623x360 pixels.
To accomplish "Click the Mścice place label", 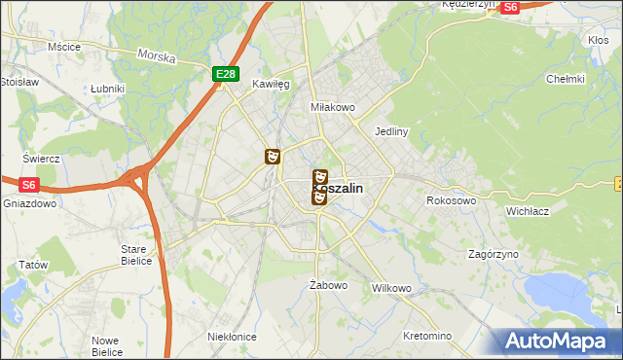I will (x=63, y=46).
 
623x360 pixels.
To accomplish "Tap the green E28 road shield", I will (x=225, y=73).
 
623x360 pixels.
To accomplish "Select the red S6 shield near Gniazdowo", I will (x=28, y=183).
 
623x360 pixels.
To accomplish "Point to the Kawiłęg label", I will (x=272, y=85).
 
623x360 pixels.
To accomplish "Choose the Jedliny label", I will (x=390, y=130).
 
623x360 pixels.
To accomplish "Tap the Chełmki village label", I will (x=565, y=79).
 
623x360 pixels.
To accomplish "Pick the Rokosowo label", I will (x=451, y=200).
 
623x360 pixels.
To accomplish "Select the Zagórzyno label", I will (x=493, y=254).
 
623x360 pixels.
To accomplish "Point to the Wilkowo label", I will (x=392, y=289).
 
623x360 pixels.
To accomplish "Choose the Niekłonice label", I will (x=232, y=336).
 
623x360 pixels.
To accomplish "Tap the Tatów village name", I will (x=33, y=265).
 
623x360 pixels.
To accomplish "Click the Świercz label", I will (x=42, y=159).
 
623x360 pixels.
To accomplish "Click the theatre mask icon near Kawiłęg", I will (x=273, y=156).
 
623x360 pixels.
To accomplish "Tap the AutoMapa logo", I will (x=559, y=342).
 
